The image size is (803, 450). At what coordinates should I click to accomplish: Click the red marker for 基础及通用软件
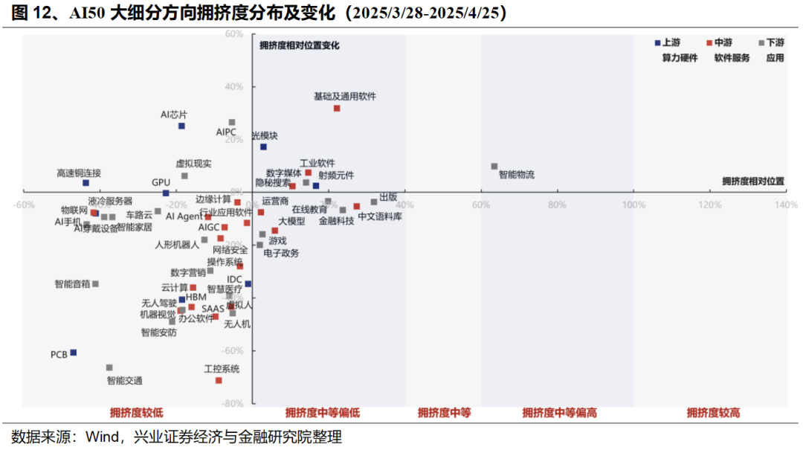(337, 109)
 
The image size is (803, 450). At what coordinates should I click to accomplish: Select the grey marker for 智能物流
(494, 167)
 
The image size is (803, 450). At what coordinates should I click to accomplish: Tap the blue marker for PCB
(73, 353)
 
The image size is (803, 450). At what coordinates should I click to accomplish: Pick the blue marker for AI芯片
(181, 126)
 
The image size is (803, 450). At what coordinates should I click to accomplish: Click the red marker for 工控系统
(219, 380)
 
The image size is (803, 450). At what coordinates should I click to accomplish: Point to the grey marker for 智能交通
(109, 367)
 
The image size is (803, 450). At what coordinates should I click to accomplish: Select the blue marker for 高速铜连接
(86, 183)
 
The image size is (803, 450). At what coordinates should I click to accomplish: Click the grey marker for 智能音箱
(95, 284)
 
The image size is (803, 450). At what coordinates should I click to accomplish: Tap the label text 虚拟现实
(193, 164)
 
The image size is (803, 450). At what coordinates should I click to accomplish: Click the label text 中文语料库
(380, 217)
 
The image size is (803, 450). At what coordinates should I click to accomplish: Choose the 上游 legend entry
(666, 43)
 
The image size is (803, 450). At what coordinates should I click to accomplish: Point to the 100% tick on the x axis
(633, 205)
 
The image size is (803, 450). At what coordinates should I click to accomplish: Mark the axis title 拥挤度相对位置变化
(299, 45)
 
